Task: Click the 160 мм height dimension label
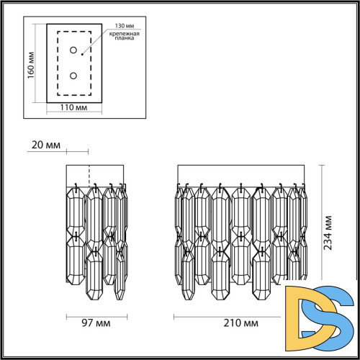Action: click(x=31, y=66)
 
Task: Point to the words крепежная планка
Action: click(x=118, y=37)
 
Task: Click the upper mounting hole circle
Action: click(x=73, y=50)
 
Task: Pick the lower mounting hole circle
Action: click(x=73, y=75)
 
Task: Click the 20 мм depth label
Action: click(x=47, y=145)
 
